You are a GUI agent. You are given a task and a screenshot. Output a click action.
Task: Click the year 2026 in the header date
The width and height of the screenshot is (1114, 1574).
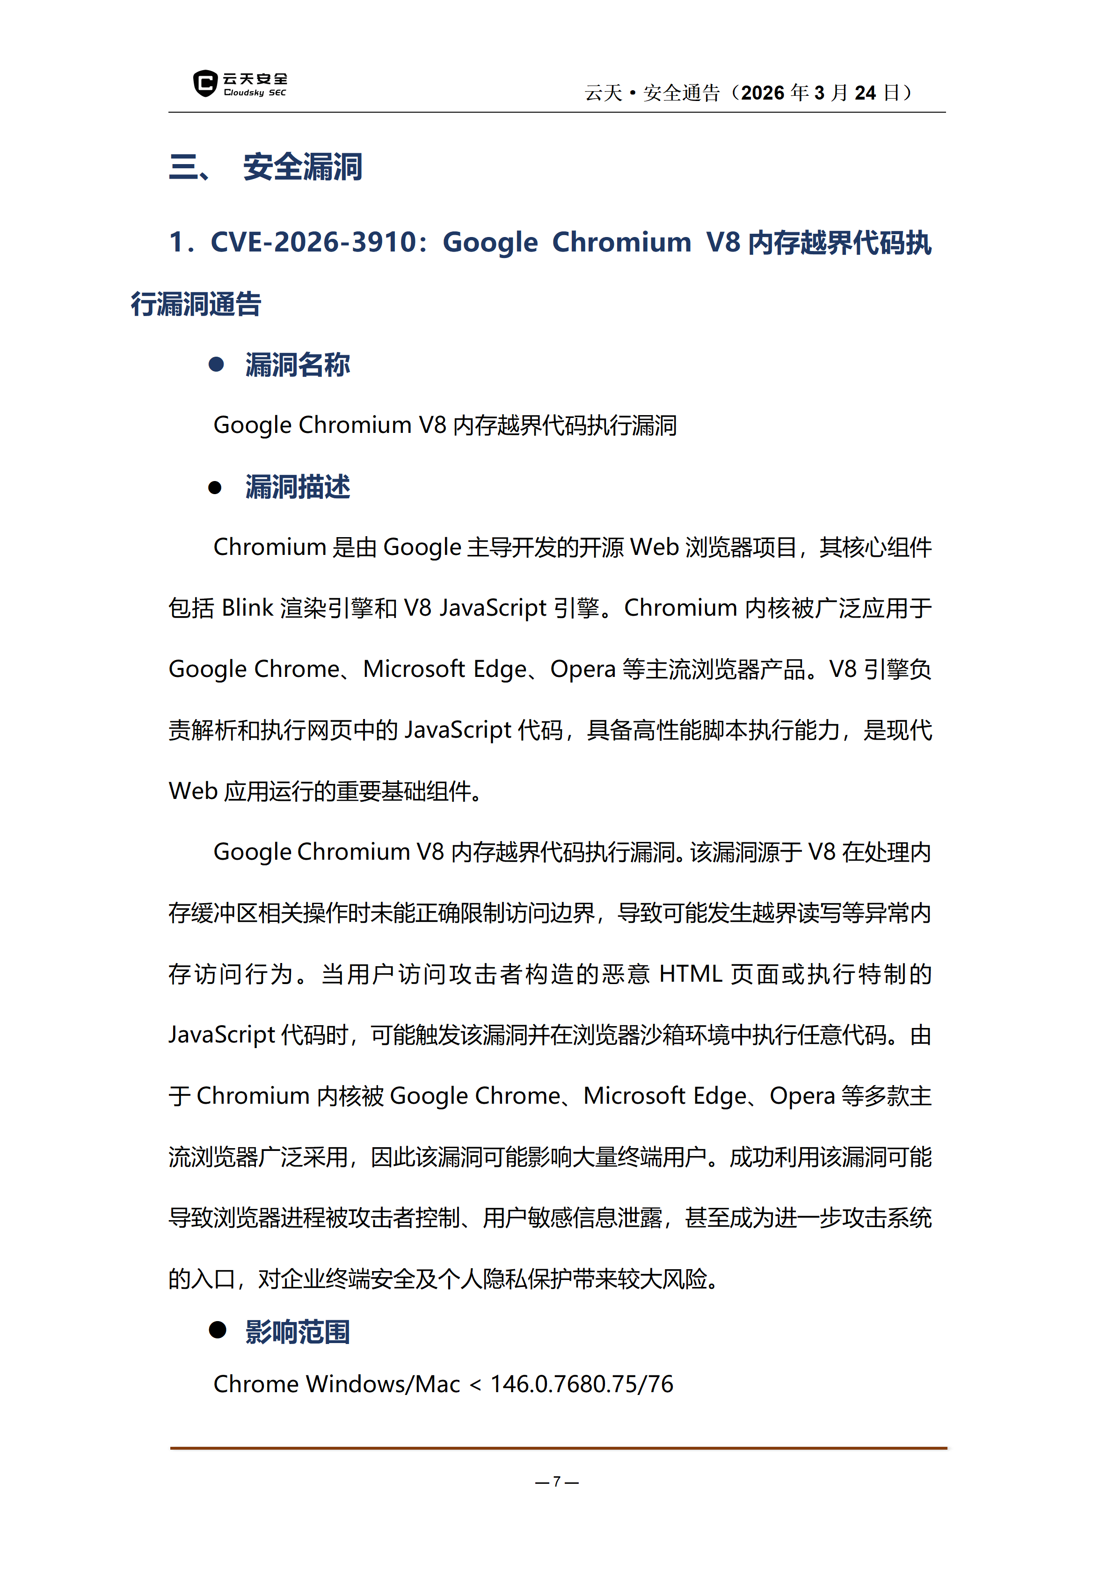tap(762, 93)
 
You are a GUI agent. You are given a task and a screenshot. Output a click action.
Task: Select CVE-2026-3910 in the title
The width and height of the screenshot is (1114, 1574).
tap(313, 243)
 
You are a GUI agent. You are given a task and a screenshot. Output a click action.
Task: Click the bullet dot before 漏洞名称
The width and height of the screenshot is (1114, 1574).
tap(216, 365)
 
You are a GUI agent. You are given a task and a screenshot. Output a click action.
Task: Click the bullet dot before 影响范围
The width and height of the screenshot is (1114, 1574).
tap(218, 1330)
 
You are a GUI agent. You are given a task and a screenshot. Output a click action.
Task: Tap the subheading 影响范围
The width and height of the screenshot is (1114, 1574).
tap(298, 1332)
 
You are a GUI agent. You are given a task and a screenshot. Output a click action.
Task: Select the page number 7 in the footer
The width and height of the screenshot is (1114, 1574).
tap(556, 1481)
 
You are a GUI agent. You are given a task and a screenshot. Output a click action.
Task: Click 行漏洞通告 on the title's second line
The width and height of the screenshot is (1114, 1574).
tap(196, 304)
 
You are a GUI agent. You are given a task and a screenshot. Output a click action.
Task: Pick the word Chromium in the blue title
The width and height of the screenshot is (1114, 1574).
tap(621, 243)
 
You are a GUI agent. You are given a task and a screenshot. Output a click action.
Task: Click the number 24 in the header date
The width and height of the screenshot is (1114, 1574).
tap(865, 93)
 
